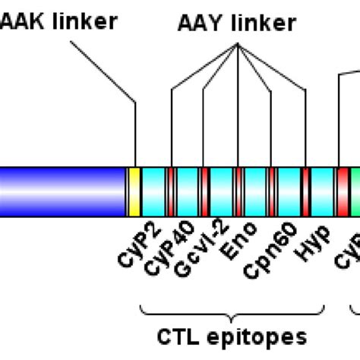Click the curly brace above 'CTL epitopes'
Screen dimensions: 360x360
(233, 308)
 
